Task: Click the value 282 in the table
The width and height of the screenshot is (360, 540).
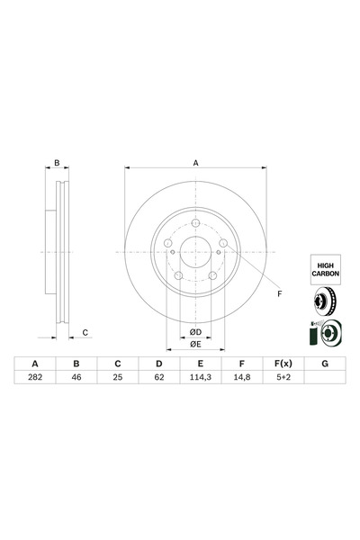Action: pyautogui.click(x=36, y=379)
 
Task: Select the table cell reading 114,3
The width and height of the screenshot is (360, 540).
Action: pyautogui.click(x=199, y=379)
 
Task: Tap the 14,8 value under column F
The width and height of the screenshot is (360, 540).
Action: pyautogui.click(x=240, y=379)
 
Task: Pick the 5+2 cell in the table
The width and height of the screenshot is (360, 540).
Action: pyautogui.click(x=282, y=379)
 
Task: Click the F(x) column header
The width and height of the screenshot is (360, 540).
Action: pyautogui.click(x=282, y=363)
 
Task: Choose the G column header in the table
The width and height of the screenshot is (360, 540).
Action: pyautogui.click(x=323, y=363)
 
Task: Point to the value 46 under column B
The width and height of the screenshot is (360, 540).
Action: pyautogui.click(x=76, y=379)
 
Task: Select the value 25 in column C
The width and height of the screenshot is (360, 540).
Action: pyautogui.click(x=117, y=379)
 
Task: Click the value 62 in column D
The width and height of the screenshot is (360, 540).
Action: pyautogui.click(x=158, y=379)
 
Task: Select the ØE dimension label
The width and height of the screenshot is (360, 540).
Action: pyautogui.click(x=195, y=344)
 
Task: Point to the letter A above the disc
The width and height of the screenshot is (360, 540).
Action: pyautogui.click(x=195, y=163)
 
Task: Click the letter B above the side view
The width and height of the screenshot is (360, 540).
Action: pyautogui.click(x=57, y=163)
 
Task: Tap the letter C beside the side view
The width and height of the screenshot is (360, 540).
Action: pyautogui.click(x=85, y=333)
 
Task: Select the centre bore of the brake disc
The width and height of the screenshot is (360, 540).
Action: pyautogui.click(x=195, y=254)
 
